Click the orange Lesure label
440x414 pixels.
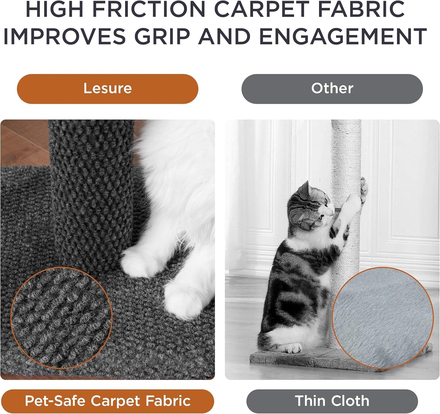(108, 89)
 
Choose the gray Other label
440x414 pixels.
(332, 89)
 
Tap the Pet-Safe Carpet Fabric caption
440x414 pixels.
(108, 401)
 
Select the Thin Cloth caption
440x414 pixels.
(332, 401)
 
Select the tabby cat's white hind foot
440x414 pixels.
(293, 349)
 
